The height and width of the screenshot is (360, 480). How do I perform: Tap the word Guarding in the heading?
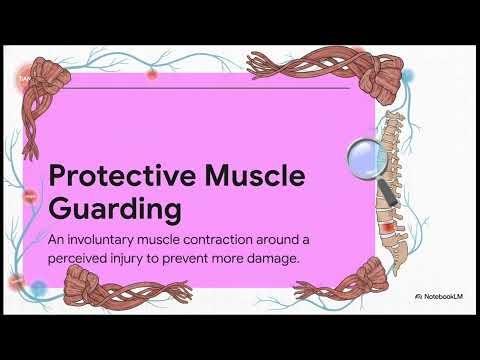(114, 210)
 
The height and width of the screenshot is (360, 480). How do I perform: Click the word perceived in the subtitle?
(84, 258)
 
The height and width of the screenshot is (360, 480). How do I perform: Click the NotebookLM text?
(440, 297)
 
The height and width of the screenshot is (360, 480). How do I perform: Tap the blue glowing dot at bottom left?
(38, 290)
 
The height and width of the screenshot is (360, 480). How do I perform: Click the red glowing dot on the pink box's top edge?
(151, 73)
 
